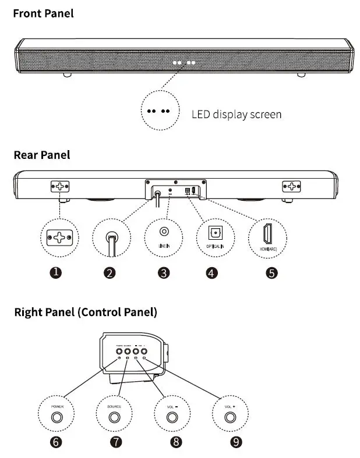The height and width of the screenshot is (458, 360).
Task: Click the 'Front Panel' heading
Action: tap(44, 13)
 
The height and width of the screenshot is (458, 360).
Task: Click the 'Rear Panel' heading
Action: tap(42, 155)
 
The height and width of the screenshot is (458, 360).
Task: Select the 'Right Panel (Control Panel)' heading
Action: tap(86, 312)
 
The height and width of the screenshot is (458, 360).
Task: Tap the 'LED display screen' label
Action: tap(237, 114)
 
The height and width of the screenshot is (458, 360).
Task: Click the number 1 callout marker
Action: tap(57, 272)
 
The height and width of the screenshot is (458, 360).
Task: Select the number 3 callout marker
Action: tap(164, 272)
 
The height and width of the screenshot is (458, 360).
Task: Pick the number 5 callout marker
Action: tap(271, 272)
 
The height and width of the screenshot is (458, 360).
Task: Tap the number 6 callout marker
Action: tap(57, 442)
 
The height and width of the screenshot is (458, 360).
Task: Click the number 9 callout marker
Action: tap(236, 442)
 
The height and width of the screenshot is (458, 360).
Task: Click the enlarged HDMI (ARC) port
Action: tap(268, 233)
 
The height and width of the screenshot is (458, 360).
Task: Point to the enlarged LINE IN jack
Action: tap(163, 232)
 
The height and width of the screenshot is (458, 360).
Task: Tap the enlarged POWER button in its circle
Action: tap(57, 417)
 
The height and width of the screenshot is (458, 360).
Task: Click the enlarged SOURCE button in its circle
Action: tap(114, 417)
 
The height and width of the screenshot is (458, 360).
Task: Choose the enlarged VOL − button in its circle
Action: tap(172, 417)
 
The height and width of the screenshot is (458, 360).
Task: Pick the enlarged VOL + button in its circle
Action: tap(231, 417)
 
